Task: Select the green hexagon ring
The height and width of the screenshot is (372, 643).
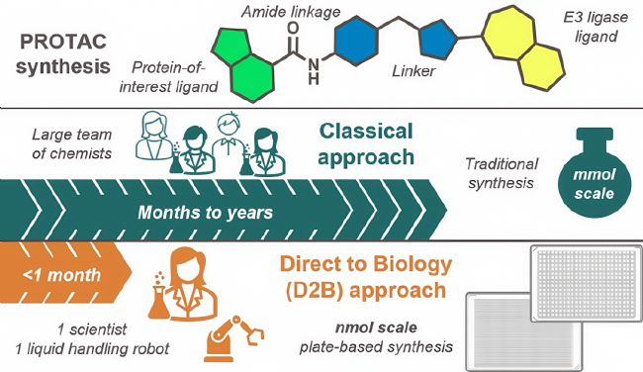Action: [x=252, y=77]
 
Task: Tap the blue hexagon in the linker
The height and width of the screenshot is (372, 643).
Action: [x=355, y=41]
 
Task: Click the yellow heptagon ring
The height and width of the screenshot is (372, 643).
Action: [x=508, y=33]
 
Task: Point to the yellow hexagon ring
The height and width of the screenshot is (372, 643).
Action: [x=541, y=66]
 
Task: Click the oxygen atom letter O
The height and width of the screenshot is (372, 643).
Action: [x=293, y=28]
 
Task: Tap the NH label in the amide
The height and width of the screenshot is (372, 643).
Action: [x=314, y=70]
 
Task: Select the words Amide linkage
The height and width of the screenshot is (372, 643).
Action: [x=291, y=12]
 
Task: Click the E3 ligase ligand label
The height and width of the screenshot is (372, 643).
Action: [x=596, y=27]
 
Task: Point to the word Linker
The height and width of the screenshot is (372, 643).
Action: [x=413, y=71]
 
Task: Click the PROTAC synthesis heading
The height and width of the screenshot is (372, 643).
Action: [x=63, y=53]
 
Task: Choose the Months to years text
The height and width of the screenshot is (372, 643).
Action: [x=205, y=213]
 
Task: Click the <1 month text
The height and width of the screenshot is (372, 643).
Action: [x=61, y=275]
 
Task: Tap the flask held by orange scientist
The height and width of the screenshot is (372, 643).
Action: [x=159, y=301]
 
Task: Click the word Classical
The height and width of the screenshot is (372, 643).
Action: [x=366, y=132]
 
